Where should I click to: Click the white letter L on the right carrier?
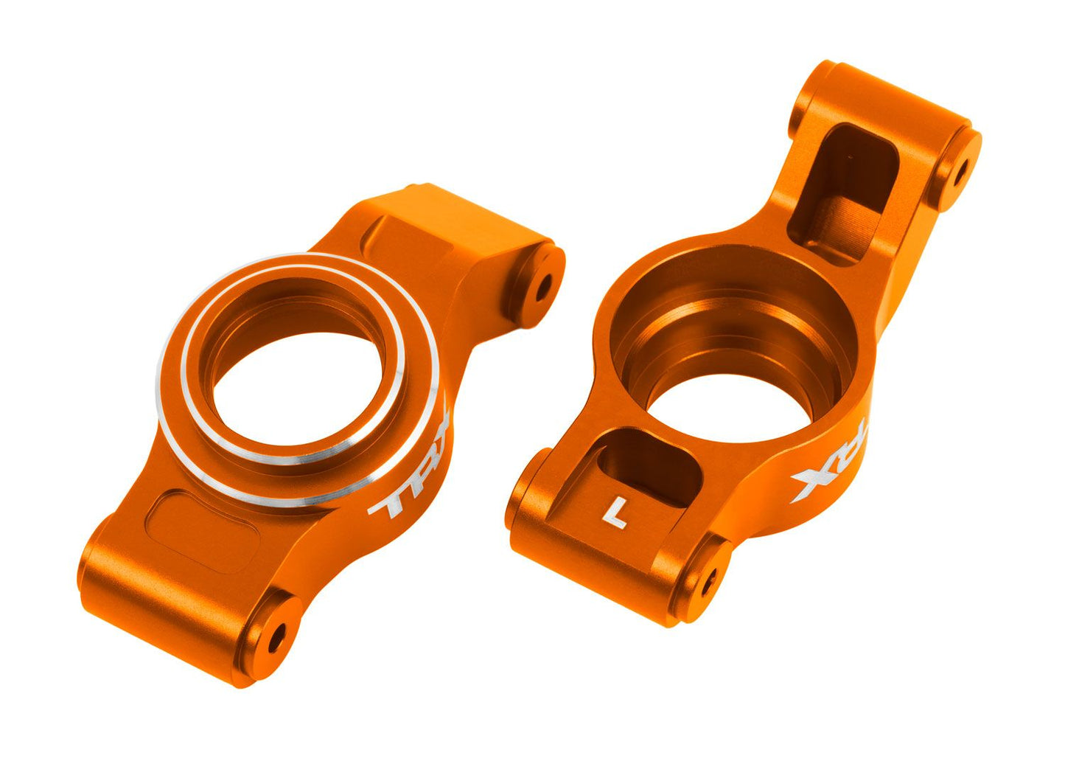[x=615, y=513]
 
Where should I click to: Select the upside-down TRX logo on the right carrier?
[x=831, y=467]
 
